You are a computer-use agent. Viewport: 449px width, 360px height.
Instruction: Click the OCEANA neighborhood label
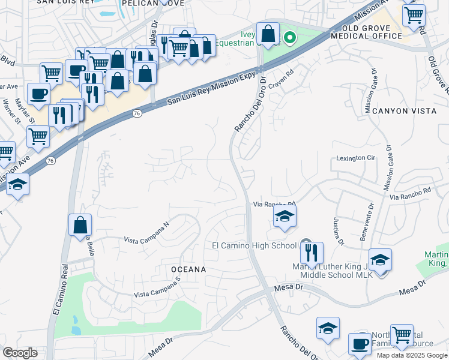point(188,269)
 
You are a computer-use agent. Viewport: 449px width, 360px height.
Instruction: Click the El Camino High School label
point(255,245)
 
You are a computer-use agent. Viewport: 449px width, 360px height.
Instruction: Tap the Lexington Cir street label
point(355,158)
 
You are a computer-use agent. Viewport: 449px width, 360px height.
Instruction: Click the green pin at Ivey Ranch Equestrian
point(289,38)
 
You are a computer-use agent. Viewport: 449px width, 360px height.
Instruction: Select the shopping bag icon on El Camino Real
point(80,226)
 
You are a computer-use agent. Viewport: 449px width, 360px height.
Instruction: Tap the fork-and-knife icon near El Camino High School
point(312,253)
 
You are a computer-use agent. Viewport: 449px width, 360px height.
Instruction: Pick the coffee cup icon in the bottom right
point(360,344)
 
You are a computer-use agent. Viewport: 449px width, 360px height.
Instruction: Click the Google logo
point(20,353)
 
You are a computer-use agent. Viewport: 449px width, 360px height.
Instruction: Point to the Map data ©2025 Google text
point(412,355)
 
